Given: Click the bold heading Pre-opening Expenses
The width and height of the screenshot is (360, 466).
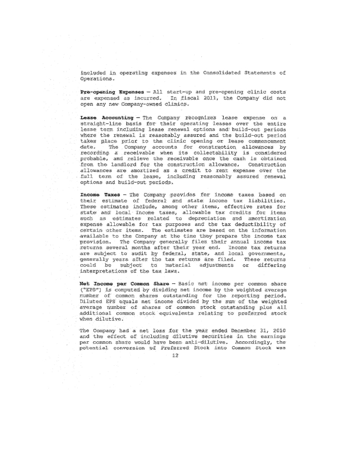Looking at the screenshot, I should [109, 91].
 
